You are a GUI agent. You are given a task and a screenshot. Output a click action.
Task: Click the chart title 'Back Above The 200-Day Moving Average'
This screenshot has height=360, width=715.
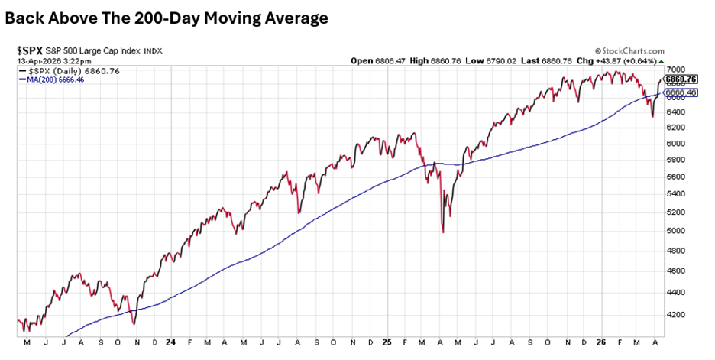[x=167, y=18]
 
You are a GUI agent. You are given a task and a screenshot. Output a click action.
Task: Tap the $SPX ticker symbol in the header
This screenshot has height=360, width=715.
[x=30, y=50]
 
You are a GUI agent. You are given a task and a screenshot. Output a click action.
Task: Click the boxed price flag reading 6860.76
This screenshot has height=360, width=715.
[x=681, y=79]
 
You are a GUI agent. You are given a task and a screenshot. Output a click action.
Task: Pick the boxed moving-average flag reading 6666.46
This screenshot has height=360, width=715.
[x=681, y=92]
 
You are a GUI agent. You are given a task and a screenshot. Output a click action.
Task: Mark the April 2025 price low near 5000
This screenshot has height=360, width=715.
[x=443, y=231]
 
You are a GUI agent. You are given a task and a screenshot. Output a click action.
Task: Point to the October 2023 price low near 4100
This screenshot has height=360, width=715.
[x=134, y=323]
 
